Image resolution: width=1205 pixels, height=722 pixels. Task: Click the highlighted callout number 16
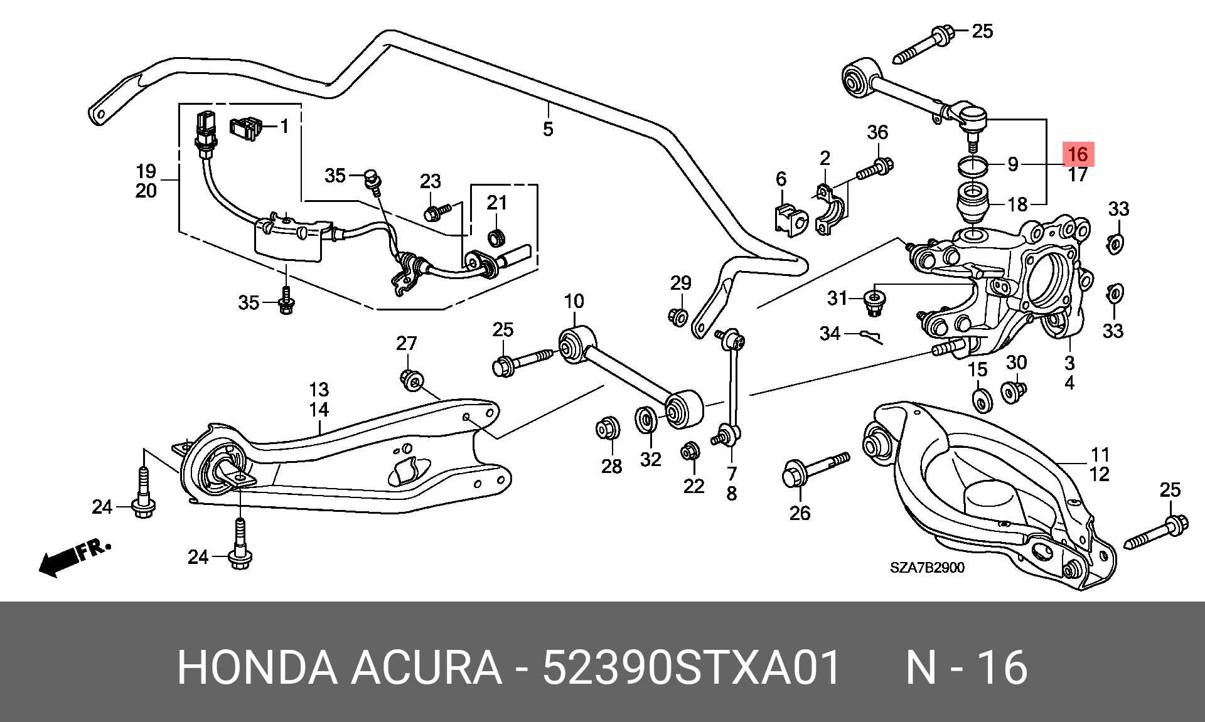(x=1077, y=154)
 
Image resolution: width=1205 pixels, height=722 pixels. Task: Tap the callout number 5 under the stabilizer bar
(x=548, y=129)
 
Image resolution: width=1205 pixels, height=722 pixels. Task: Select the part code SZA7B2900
(x=927, y=568)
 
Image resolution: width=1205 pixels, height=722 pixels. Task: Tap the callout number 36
(x=877, y=132)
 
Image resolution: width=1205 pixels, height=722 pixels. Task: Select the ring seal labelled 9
(x=972, y=167)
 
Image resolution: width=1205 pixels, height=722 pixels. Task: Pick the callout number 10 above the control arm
(x=574, y=302)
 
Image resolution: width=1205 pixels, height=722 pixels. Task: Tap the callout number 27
(x=406, y=343)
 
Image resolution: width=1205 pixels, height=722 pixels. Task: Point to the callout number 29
(x=680, y=284)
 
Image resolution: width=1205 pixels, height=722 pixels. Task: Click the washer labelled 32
(x=646, y=420)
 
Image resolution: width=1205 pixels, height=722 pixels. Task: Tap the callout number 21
(x=496, y=203)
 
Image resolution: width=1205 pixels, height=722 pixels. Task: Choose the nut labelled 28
(x=608, y=428)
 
